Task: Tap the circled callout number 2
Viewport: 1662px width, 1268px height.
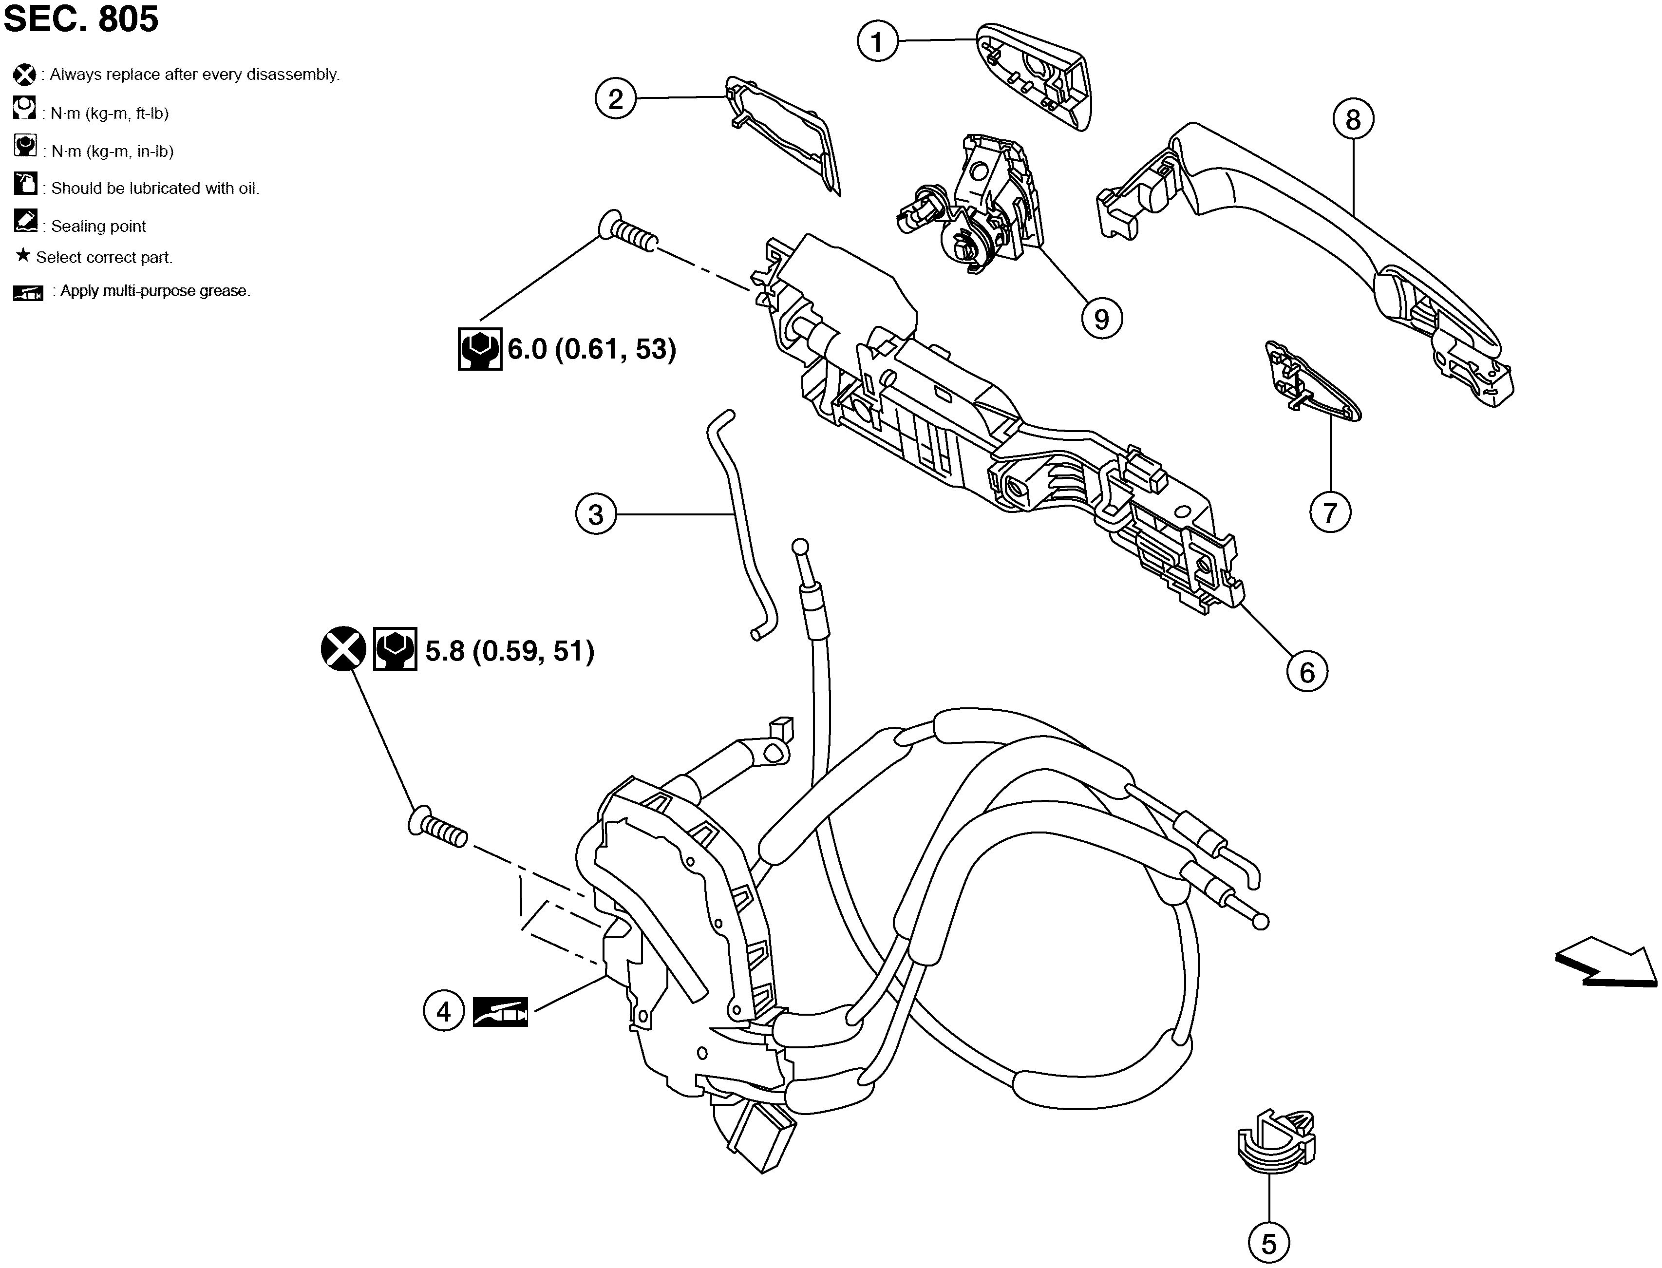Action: tap(616, 99)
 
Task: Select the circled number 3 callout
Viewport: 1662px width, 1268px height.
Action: tap(596, 515)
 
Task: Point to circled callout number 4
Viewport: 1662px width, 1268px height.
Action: tap(443, 1011)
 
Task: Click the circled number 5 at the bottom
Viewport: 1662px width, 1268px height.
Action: tap(1269, 1243)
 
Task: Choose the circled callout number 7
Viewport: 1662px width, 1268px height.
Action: tap(1330, 512)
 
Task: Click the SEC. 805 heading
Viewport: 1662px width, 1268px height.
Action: tap(81, 19)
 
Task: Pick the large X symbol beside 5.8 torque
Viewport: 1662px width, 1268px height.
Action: tap(343, 649)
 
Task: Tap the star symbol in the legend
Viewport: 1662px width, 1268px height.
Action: tap(22, 255)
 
